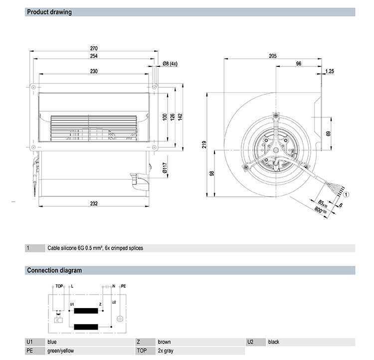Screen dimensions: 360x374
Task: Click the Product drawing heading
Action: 49,12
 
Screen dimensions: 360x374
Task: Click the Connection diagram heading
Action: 54,271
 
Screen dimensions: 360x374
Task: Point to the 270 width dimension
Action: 93,48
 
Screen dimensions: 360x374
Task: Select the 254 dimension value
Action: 93,56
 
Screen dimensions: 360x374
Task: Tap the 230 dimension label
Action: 93,71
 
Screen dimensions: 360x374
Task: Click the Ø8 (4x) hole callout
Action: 170,64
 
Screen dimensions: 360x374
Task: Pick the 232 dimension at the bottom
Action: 93,203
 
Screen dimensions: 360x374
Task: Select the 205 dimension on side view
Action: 272,56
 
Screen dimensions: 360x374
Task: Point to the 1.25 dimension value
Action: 330,71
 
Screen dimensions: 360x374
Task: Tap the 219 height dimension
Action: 204,145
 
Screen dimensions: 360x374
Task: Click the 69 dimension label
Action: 328,133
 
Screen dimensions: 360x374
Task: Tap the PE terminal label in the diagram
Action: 124,286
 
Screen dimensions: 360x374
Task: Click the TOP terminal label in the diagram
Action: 58,286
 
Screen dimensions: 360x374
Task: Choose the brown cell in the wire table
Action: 164,342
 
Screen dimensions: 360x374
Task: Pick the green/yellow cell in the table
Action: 61,351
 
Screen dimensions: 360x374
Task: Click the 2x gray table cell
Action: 166,351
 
